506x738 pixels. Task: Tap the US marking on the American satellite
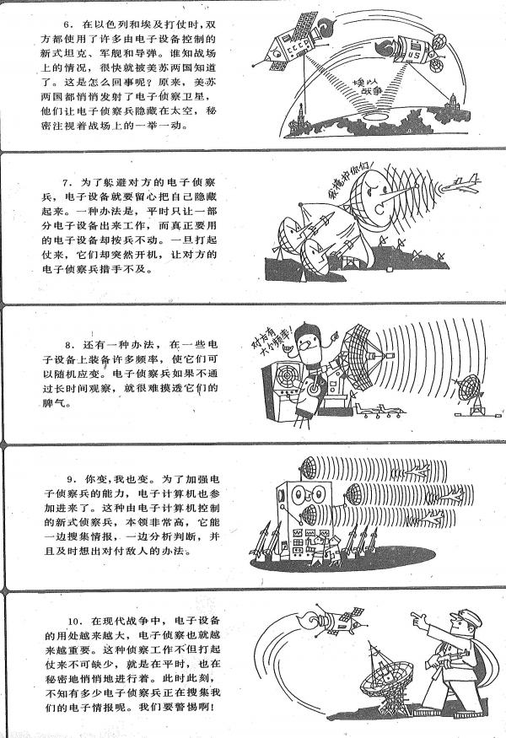pyautogui.click(x=415, y=54)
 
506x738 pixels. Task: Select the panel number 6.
pyautogui.click(x=67, y=24)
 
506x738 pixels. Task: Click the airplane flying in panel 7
pyautogui.click(x=461, y=185)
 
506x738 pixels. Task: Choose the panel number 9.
pyautogui.click(x=71, y=479)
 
